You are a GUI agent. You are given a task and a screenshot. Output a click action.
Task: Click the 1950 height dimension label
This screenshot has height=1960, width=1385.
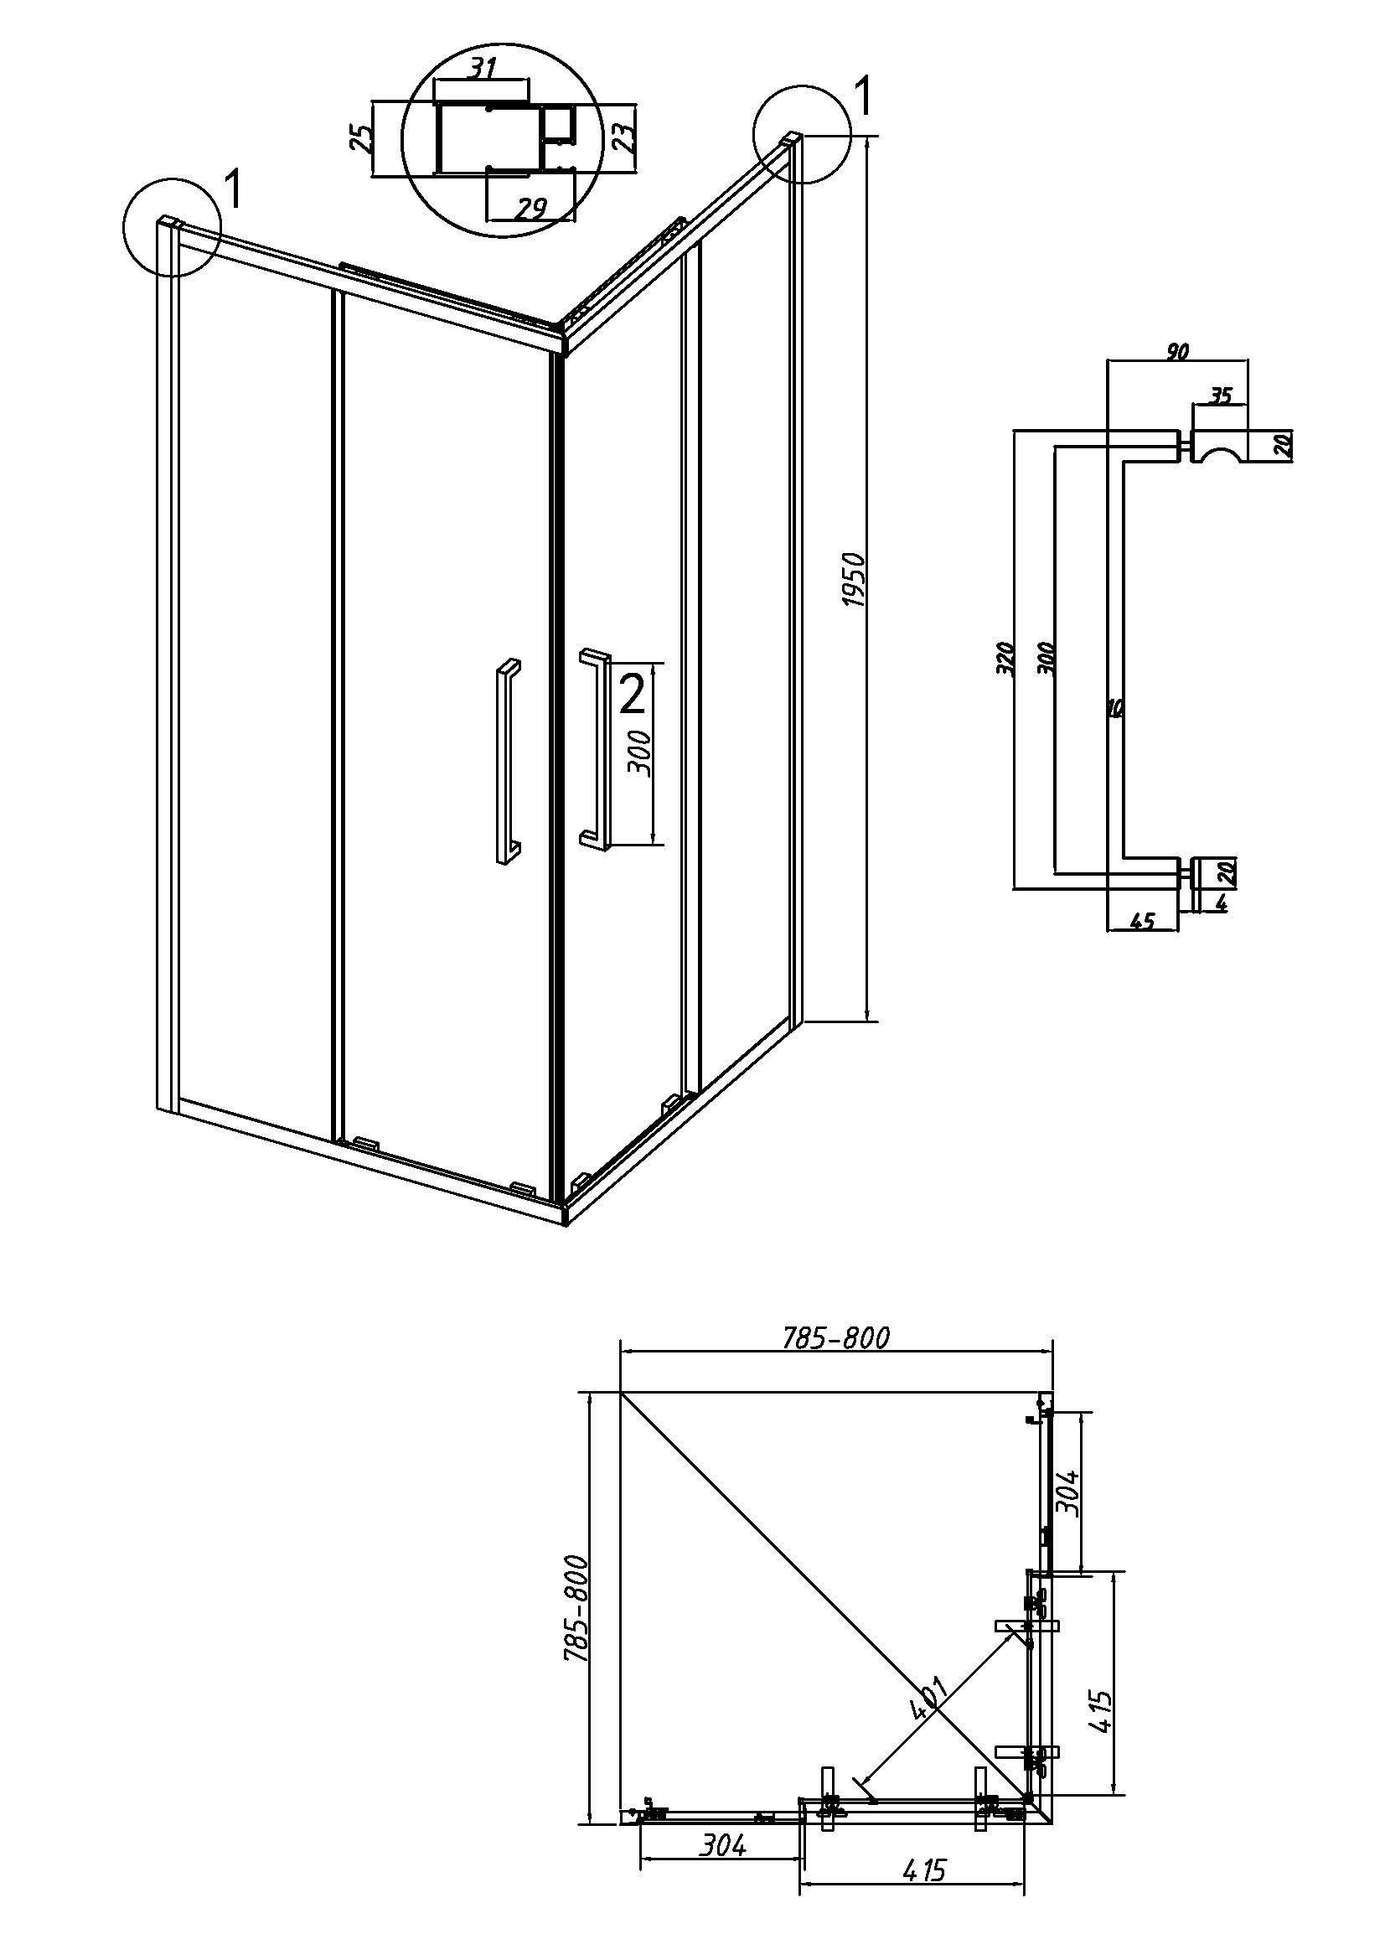pos(855,581)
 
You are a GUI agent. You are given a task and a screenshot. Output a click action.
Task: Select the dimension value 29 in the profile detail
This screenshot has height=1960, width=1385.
pos(530,208)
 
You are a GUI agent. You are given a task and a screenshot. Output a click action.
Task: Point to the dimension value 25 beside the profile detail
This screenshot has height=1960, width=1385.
pos(362,137)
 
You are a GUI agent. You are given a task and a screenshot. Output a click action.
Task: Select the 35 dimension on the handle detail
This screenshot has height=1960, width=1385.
pos(1221,396)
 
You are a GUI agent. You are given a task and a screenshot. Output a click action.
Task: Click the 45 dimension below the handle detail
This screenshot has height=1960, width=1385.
pos(1141,920)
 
